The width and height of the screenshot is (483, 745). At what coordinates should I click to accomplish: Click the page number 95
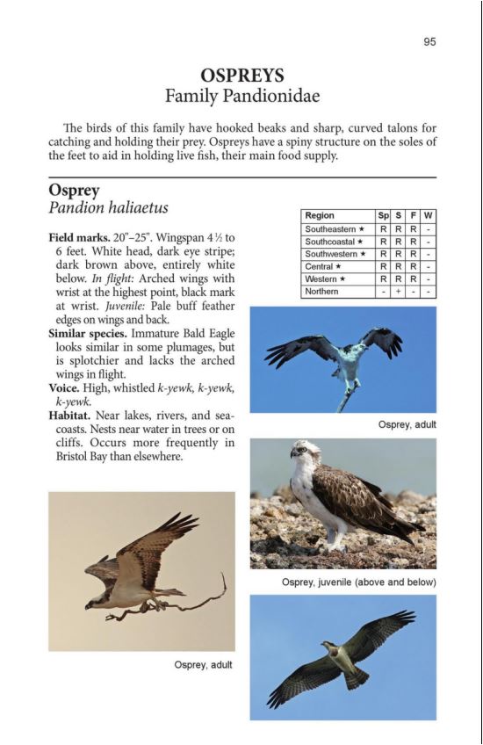click(429, 41)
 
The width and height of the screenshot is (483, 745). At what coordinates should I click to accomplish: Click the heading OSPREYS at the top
click(241, 76)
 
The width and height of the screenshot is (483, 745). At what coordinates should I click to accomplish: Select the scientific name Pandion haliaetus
click(108, 208)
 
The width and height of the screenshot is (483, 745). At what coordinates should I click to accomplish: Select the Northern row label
click(321, 291)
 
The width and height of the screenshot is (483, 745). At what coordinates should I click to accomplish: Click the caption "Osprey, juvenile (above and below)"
click(358, 582)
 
